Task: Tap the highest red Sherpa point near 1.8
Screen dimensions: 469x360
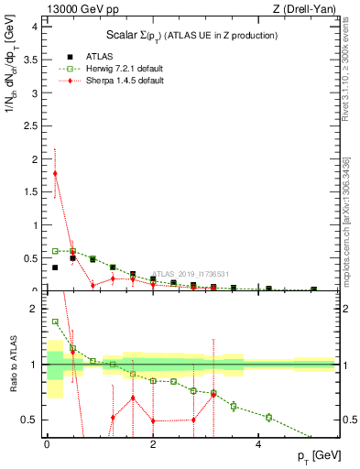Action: click(55, 173)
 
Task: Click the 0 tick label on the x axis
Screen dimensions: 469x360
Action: click(47, 445)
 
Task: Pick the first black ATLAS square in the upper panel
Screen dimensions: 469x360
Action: click(55, 267)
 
